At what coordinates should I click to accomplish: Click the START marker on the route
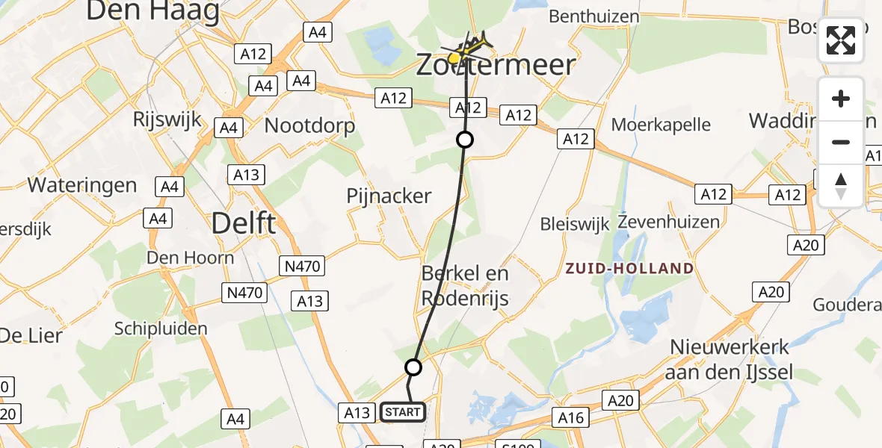(403, 411)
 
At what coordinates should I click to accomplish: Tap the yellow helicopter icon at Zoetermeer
(467, 51)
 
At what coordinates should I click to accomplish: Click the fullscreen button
(841, 40)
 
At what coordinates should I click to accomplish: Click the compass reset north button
(841, 185)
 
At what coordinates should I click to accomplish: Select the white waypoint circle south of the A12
(465, 140)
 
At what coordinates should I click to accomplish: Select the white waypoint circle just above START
(413, 367)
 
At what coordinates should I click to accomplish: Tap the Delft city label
(244, 223)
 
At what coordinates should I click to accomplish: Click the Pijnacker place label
(389, 196)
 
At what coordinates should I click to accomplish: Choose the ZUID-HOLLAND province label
(629, 268)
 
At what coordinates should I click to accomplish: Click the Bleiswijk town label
(574, 223)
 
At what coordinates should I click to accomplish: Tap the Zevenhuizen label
(669, 222)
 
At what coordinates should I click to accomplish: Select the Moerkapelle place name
(661, 125)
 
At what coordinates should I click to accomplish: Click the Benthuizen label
(593, 16)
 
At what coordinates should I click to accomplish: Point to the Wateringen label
(82, 184)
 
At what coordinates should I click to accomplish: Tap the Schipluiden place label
(160, 329)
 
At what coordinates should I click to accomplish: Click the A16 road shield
(571, 417)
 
